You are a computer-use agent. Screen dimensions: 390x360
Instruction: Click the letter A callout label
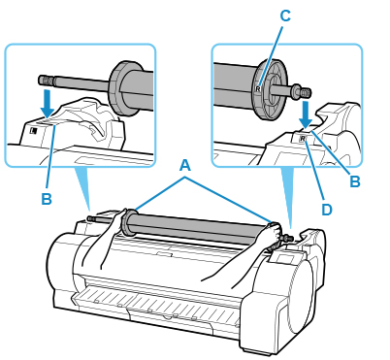click(184, 167)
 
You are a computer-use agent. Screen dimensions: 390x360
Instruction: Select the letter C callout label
click(285, 16)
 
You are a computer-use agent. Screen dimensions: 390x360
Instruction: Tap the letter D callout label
click(327, 210)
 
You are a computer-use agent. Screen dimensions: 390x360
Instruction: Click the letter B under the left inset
click(47, 199)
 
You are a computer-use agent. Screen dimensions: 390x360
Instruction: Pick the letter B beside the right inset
click(355, 181)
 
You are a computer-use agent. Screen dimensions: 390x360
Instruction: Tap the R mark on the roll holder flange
click(258, 87)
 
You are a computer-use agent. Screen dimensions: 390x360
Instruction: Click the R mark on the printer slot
click(303, 139)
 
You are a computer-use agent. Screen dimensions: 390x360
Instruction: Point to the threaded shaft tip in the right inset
click(306, 93)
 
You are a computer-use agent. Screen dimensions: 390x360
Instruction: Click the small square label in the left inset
click(34, 131)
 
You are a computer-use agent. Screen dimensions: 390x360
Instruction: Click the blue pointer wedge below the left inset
click(83, 187)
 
